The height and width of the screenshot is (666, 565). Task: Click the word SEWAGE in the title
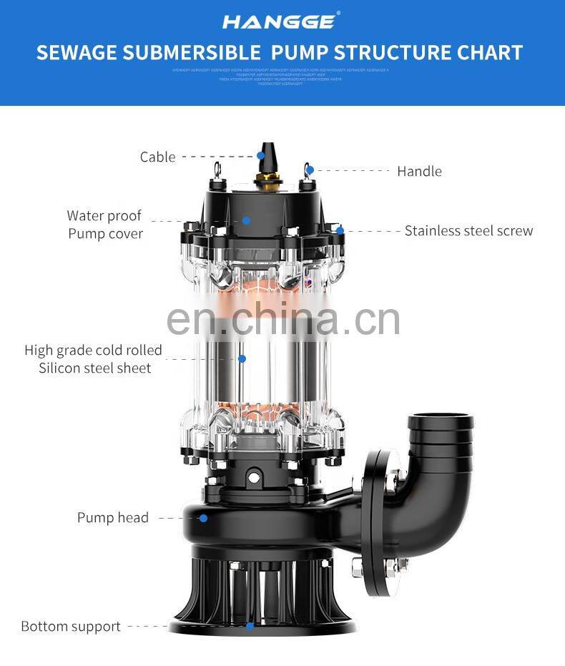click(75, 53)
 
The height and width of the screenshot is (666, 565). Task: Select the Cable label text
click(157, 157)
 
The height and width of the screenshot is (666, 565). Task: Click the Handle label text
click(419, 171)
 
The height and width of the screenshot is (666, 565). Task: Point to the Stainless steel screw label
click(468, 230)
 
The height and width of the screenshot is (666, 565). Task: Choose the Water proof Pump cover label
click(105, 225)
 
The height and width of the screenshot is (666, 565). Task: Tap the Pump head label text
click(113, 518)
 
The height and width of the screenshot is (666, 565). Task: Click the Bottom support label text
click(71, 626)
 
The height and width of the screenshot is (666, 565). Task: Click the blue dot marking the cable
click(261, 155)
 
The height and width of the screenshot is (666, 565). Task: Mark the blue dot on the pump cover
click(246, 220)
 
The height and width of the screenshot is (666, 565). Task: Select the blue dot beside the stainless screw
click(340, 230)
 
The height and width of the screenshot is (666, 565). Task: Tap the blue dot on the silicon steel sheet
click(242, 358)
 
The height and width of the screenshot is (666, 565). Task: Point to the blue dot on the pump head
click(203, 518)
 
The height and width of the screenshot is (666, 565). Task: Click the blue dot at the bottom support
click(250, 626)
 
